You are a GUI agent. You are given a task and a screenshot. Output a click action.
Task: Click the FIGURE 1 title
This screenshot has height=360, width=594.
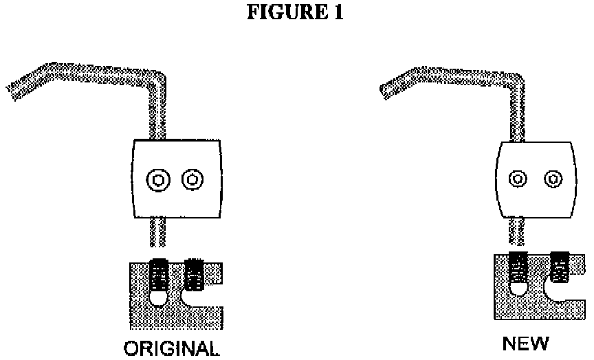tap(296, 14)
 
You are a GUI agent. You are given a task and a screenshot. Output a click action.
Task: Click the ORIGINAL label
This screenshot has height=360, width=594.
tap(173, 348)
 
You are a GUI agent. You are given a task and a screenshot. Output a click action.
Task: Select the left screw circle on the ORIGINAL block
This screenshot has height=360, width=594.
tap(159, 181)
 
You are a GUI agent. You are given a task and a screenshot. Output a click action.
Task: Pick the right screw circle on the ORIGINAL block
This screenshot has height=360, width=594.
tap(192, 181)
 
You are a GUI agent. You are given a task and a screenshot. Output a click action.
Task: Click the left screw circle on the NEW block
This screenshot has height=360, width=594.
tap(518, 180)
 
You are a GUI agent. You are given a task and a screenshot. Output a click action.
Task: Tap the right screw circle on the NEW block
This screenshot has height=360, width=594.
tap(551, 180)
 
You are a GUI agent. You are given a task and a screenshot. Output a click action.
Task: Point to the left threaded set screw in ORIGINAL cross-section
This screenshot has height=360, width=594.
tap(159, 274)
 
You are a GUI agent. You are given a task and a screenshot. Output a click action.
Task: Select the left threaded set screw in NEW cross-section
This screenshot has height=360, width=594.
tap(518, 266)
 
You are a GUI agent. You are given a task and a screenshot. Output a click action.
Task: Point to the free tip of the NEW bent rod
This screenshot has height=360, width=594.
tap(384, 87)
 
